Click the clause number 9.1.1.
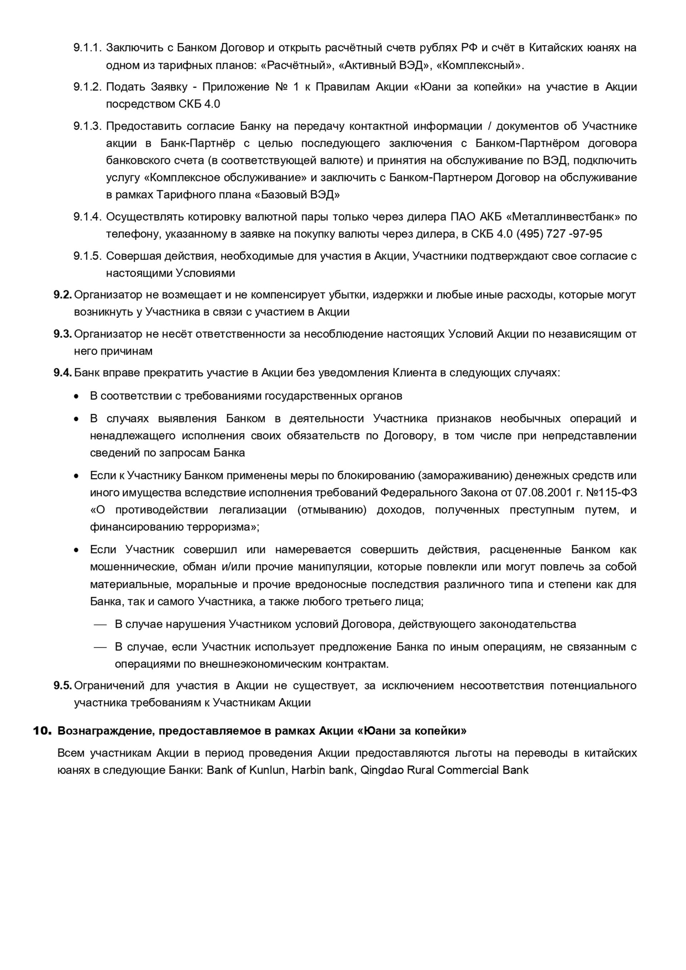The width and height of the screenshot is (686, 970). pyautogui.click(x=88, y=48)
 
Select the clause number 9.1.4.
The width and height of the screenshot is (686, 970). pyautogui.click(x=88, y=217)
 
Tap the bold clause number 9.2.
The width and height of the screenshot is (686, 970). pyautogui.click(x=63, y=295)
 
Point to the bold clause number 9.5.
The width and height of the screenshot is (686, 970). pyautogui.click(x=63, y=686)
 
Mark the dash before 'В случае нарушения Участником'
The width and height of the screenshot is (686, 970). pyautogui.click(x=100, y=625)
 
